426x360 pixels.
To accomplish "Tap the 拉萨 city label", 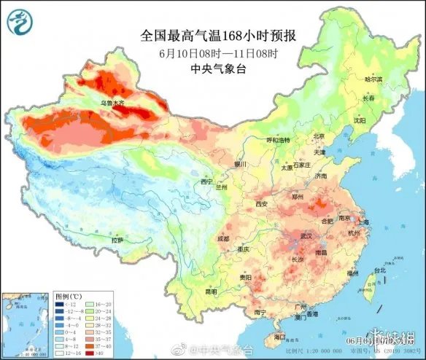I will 117,240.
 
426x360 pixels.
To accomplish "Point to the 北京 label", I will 318,136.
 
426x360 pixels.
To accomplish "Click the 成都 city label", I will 222,238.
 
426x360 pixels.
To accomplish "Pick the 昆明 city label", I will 211,291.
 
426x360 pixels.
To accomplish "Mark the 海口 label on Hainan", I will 278,337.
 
